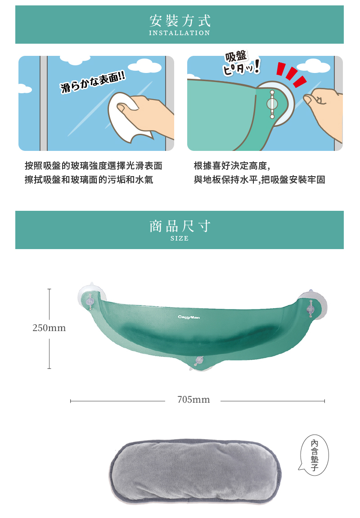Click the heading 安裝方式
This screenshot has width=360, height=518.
click(180, 21)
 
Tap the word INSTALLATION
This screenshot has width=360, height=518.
click(180, 33)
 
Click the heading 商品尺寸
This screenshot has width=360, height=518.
click(180, 226)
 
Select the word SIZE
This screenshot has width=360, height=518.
click(180, 238)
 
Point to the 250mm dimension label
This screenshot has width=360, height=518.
click(49, 328)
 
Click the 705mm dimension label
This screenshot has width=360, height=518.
click(193, 400)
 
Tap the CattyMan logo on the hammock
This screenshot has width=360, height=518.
click(189, 317)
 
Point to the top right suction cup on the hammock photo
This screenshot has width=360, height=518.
click(312, 306)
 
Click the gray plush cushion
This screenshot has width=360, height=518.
click(196, 471)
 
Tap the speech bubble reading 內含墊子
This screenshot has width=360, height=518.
click(315, 455)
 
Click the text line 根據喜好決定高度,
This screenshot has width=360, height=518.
click(232, 165)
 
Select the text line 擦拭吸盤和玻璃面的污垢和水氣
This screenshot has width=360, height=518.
click(89, 179)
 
